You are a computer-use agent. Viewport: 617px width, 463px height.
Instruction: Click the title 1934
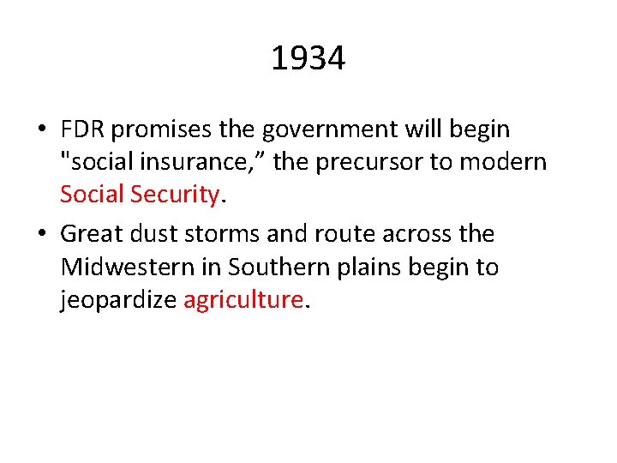308,59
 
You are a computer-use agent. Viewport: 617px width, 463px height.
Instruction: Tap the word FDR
83,129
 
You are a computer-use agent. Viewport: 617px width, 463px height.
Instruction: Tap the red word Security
177,195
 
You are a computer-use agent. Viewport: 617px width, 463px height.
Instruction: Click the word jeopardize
118,300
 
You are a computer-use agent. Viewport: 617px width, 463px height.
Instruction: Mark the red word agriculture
243,300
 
